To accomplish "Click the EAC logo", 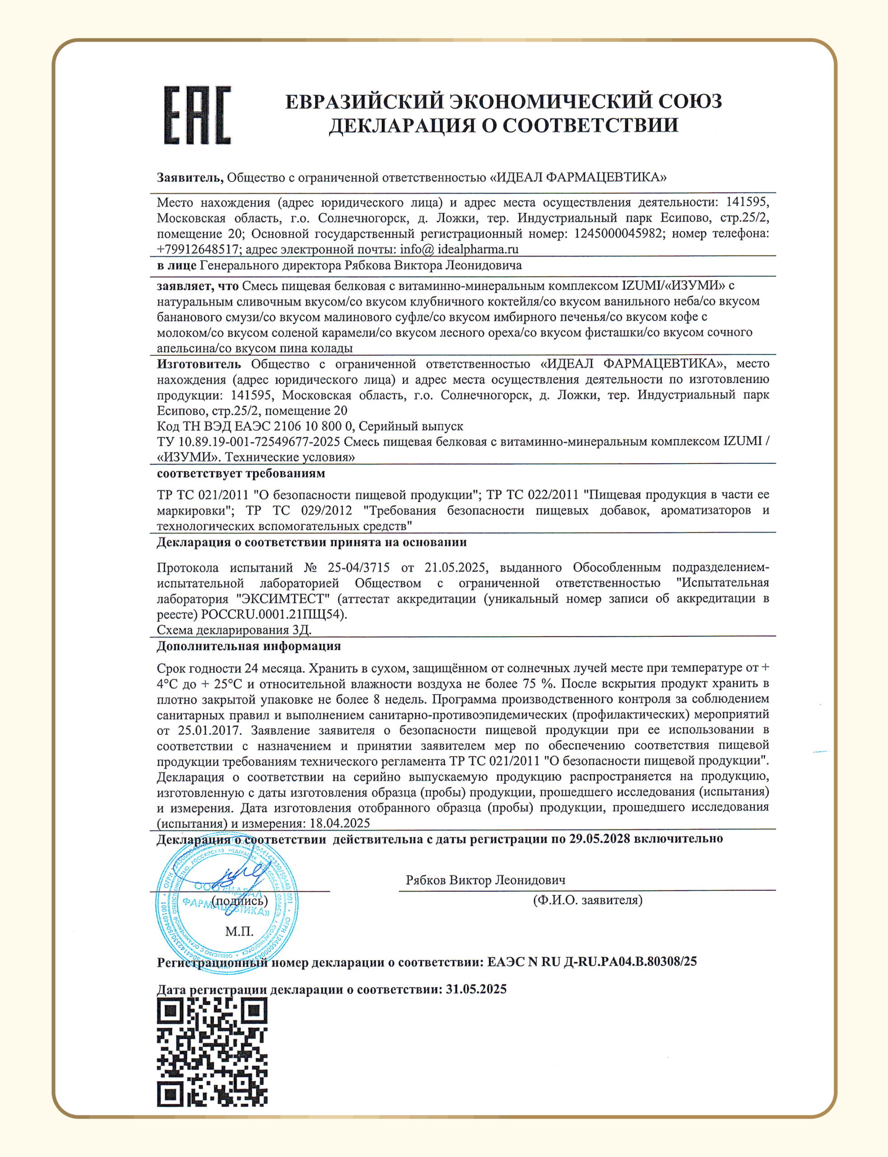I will point(197,115).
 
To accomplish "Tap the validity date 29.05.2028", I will point(599,839).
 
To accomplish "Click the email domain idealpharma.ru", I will point(478,249).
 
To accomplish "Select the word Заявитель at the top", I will point(190,178).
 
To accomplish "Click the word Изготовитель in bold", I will point(199,364).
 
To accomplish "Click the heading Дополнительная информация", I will point(248,646).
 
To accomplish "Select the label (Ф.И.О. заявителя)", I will point(587,900).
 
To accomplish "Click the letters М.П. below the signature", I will point(239,931).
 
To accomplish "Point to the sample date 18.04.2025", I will point(340,823).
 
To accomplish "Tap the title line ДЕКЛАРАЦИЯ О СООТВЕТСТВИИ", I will point(503,125).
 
